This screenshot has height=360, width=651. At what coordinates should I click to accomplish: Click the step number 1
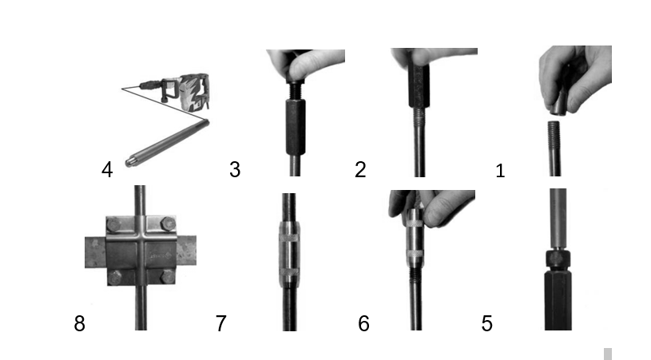(500, 171)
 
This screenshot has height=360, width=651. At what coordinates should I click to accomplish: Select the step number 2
(360, 170)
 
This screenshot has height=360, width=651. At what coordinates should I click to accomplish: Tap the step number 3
(235, 170)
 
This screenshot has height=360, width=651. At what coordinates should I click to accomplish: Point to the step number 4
(107, 170)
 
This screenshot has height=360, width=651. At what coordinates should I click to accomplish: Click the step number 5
(487, 323)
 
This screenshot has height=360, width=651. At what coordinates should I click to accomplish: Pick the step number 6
(363, 323)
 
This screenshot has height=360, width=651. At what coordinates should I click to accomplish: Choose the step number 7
(221, 323)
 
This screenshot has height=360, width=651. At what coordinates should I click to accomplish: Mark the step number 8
(79, 323)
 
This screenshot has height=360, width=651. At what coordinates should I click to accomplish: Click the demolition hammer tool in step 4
(177, 91)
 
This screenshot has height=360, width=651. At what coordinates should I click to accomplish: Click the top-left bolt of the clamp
(113, 225)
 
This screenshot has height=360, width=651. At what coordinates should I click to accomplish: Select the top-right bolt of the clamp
(168, 224)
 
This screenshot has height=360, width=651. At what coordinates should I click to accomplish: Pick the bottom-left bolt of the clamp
(114, 278)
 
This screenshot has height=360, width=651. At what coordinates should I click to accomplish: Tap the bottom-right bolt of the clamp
(168, 277)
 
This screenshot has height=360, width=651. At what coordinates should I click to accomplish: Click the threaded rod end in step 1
(554, 135)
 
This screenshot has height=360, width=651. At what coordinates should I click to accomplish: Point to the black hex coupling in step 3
(296, 127)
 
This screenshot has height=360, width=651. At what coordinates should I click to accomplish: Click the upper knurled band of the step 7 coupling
(289, 238)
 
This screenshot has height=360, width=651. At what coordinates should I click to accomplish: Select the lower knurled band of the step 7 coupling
(289, 272)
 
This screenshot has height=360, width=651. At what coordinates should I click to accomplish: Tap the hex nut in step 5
(558, 259)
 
